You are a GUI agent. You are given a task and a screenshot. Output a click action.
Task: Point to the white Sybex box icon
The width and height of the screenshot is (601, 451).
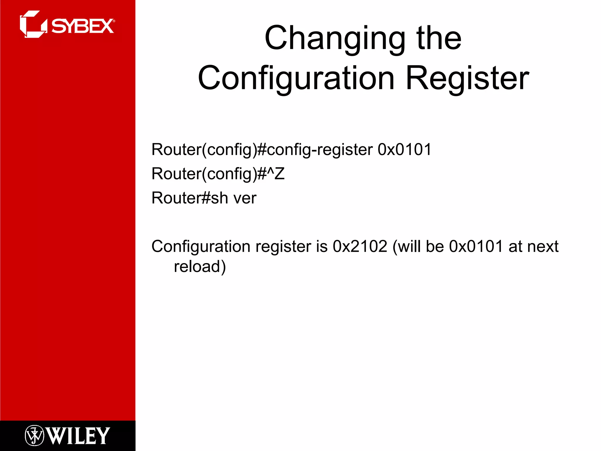tap(33, 24)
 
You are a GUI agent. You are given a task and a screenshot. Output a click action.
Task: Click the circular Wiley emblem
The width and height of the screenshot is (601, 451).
tap(34, 436)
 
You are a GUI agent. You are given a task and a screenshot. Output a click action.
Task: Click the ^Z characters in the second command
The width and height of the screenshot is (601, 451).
tap(276, 174)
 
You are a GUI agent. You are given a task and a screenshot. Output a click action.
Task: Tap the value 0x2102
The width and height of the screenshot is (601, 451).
tap(360, 246)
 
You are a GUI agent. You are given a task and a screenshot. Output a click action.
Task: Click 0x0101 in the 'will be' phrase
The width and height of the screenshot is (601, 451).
tap(476, 246)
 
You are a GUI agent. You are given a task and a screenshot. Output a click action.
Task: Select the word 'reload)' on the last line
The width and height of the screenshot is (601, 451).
tap(200, 267)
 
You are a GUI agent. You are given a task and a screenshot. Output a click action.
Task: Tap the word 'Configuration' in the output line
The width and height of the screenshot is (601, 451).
tap(201, 246)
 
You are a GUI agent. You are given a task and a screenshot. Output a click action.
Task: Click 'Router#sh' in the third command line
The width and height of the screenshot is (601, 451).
tap(190, 198)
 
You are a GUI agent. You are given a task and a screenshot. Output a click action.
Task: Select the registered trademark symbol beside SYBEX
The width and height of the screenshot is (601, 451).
tap(114, 21)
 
